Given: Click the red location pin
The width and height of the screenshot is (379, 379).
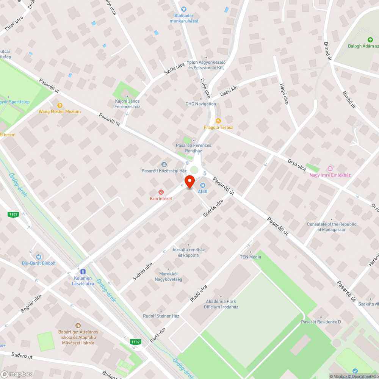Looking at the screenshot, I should [189, 182].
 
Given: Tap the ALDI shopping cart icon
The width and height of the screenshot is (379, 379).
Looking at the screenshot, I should [202, 185].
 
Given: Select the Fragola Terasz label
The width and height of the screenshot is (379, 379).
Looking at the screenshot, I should [218, 127].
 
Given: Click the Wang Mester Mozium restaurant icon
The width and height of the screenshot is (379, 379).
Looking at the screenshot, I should [60, 105].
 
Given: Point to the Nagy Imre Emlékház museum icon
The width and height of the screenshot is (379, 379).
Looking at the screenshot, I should [330, 168].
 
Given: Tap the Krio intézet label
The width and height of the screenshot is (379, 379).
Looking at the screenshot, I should [161, 199].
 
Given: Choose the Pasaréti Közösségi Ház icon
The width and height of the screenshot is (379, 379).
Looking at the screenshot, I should [164, 164].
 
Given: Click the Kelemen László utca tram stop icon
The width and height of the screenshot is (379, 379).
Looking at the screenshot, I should [82, 272].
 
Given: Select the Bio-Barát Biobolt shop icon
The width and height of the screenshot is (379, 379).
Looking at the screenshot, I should [39, 257].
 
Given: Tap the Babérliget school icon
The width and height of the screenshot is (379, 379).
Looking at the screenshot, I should [78, 325].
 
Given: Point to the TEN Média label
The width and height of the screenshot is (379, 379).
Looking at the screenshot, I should [250, 257].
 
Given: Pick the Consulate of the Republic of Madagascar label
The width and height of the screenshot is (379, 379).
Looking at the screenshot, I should [332, 227].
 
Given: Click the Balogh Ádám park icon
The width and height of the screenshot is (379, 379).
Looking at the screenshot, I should [370, 40].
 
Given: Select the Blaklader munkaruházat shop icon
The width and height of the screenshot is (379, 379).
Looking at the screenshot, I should [184, 9].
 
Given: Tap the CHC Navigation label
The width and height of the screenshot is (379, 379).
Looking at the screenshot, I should [200, 104].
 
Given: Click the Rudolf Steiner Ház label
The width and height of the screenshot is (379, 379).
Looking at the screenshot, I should [161, 316].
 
